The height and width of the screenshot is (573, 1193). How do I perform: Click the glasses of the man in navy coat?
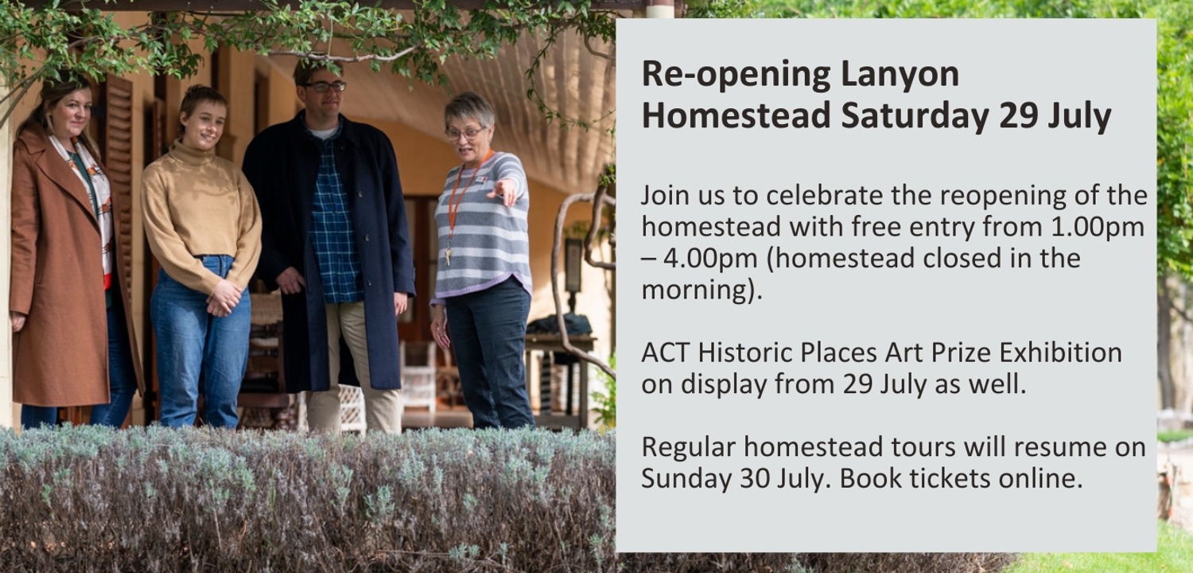[324, 86]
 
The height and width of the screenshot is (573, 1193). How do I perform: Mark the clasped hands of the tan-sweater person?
[225, 297]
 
